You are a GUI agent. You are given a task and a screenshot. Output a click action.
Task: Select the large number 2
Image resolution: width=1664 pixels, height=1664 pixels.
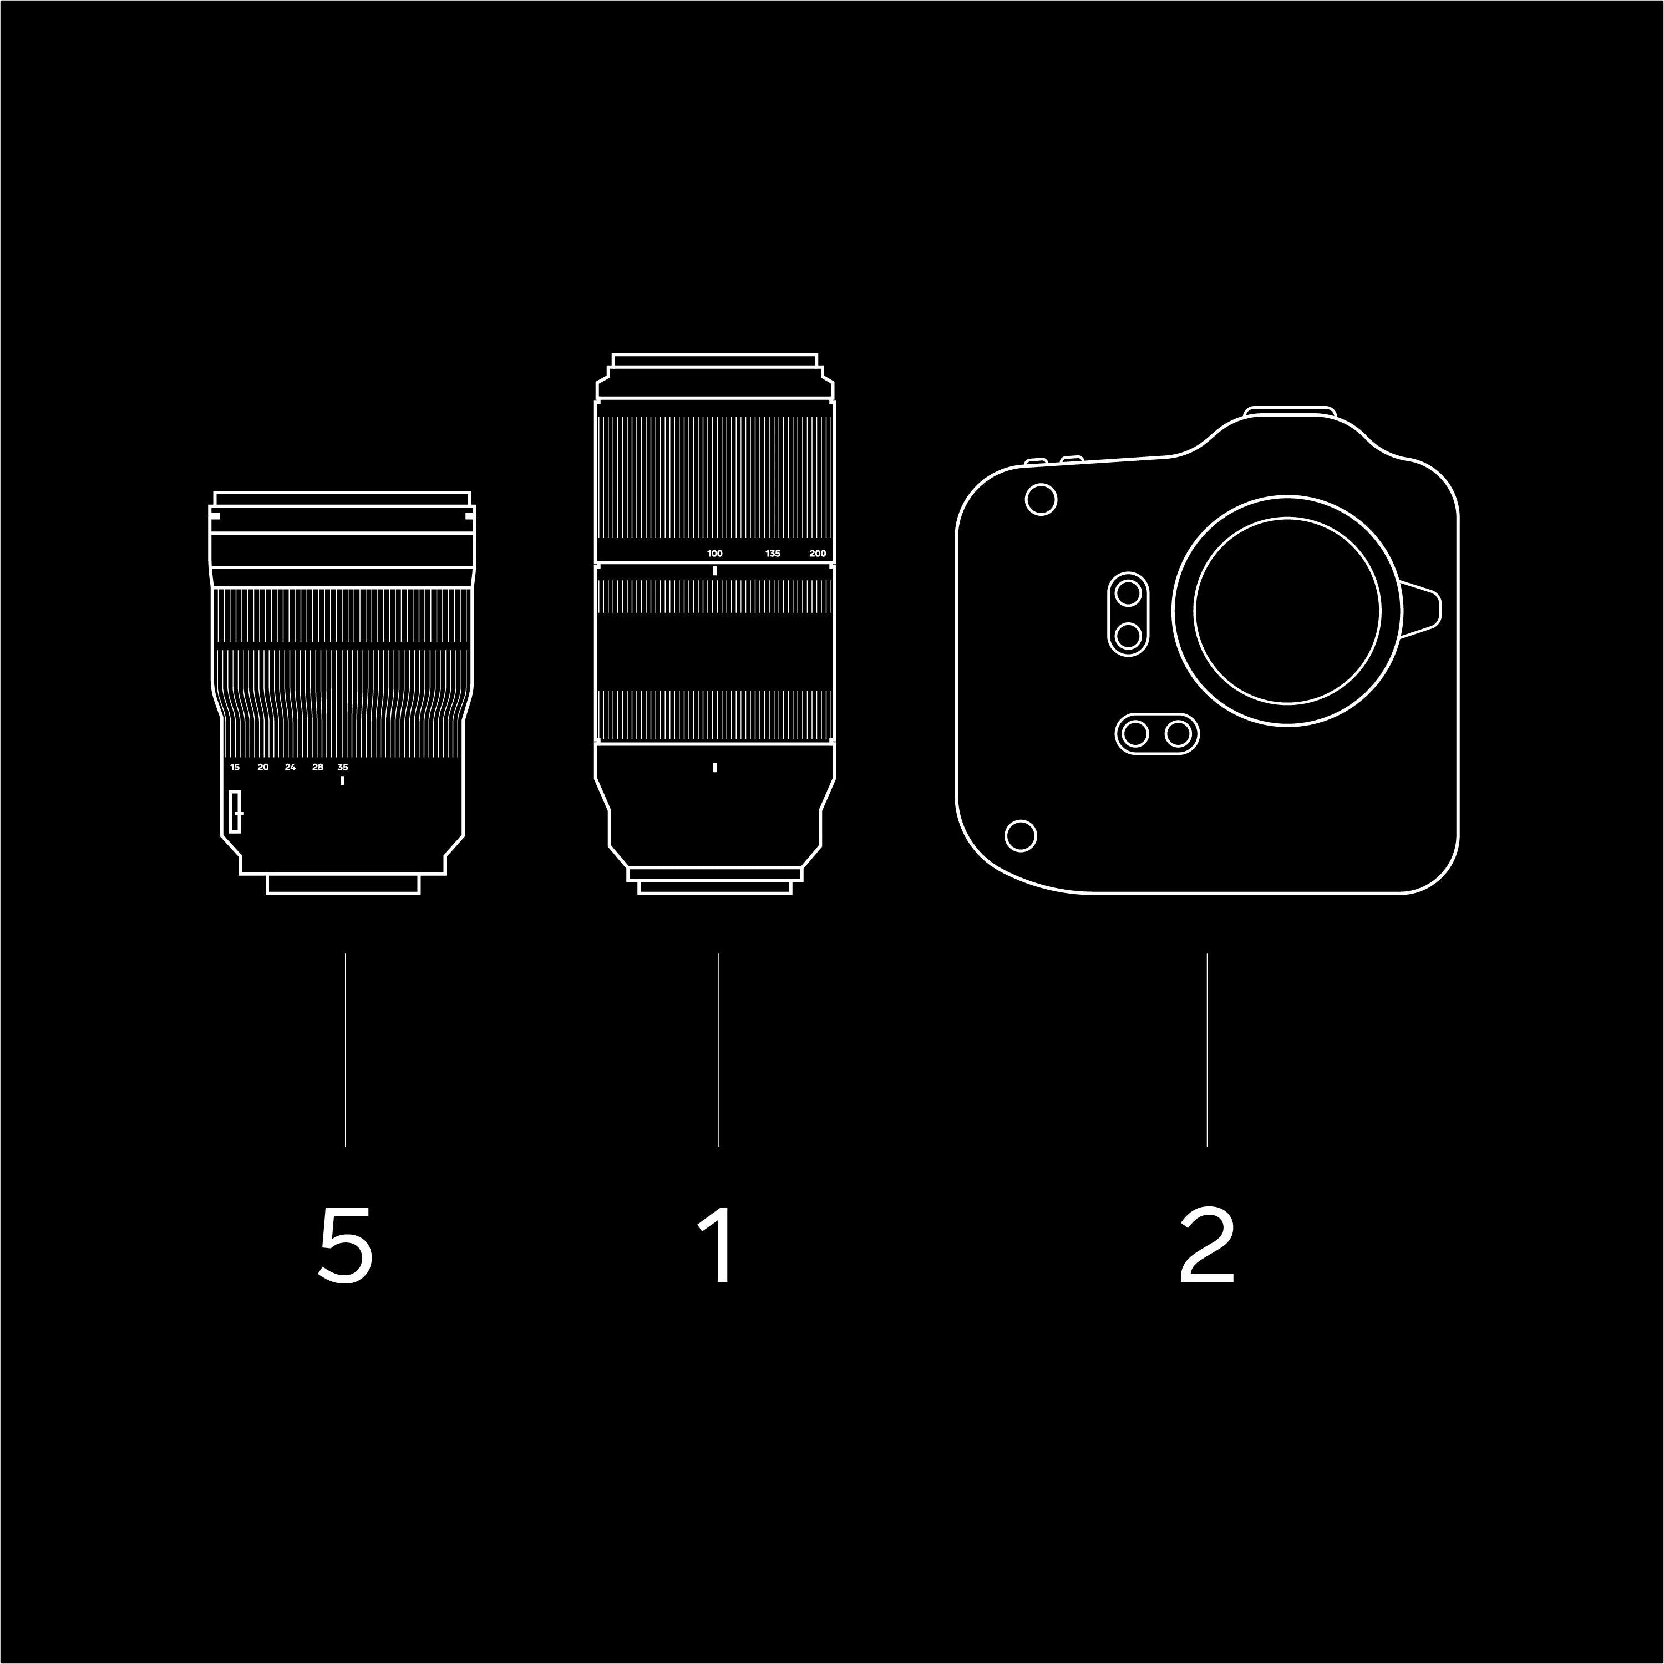(x=1206, y=1245)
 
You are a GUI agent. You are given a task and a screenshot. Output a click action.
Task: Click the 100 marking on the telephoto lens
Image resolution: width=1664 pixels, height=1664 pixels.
(x=715, y=554)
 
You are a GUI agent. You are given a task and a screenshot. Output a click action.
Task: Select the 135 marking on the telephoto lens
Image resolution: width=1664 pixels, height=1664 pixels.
(x=773, y=554)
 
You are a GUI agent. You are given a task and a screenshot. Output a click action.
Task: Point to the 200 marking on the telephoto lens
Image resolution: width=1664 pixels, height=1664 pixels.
(x=818, y=554)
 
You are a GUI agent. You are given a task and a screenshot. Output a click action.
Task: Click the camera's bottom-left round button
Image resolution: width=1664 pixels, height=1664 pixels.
(x=1021, y=835)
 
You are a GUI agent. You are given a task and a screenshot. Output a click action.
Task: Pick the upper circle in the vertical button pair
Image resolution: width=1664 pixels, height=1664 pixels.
(x=1128, y=592)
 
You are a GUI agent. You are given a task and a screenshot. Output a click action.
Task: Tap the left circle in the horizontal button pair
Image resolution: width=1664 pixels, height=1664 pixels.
(x=1136, y=734)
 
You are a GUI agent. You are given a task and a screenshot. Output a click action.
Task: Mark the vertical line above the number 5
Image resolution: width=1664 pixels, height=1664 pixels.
(x=346, y=1050)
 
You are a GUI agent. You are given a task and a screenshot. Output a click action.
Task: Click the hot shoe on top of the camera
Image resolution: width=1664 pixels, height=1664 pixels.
(x=1290, y=411)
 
